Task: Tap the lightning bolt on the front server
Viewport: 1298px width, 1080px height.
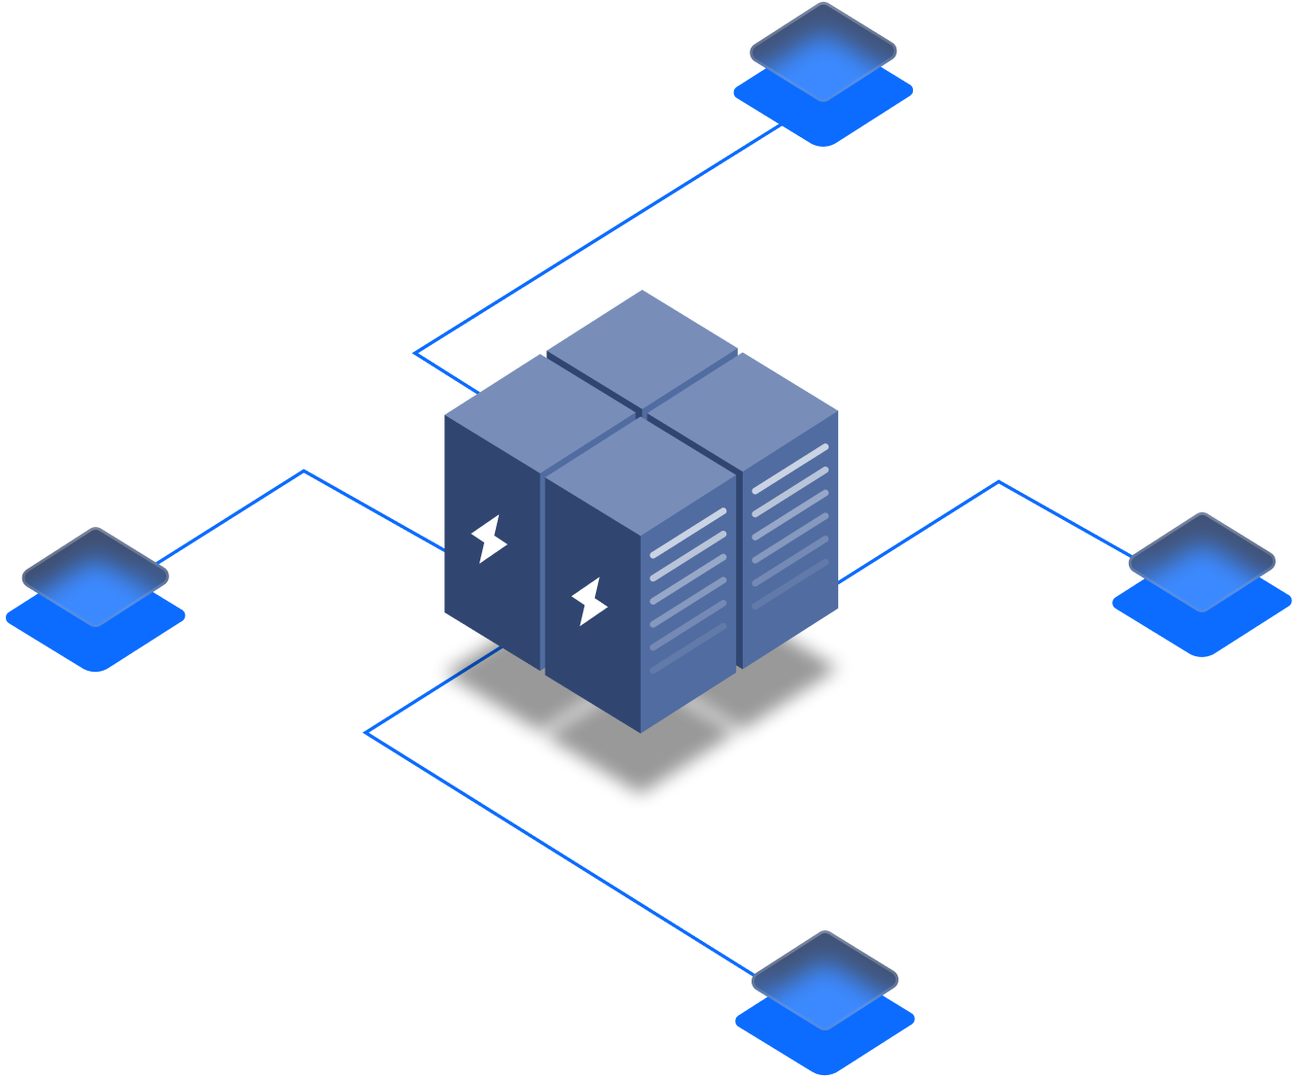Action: coord(589,601)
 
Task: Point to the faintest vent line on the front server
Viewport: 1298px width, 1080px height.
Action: coord(688,648)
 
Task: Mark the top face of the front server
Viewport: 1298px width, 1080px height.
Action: coord(640,475)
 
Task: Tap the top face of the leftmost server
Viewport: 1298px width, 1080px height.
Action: coord(540,413)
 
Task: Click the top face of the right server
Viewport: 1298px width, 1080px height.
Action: coord(742,411)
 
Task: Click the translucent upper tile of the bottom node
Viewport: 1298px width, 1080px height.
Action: coord(824,977)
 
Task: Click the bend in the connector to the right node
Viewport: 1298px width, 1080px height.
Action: coord(999,481)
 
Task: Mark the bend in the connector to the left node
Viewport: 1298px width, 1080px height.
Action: coord(304,471)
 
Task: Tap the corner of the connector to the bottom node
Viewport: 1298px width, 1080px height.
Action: coord(366,732)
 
